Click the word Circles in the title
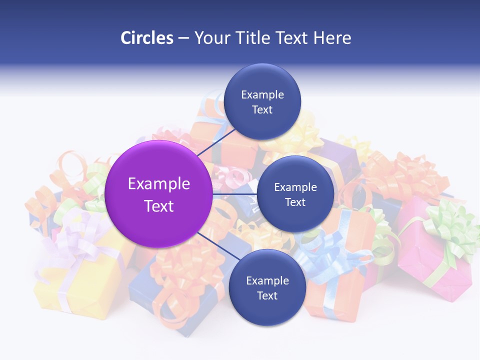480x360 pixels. [x=147, y=38]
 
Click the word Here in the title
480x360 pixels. [x=332, y=38]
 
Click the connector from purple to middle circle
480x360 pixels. [x=235, y=194]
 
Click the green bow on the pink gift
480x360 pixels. [x=450, y=225]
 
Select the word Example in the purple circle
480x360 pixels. [x=159, y=184]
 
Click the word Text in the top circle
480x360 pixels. [x=262, y=110]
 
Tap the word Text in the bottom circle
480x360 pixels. [x=267, y=296]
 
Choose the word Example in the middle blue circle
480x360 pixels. [x=295, y=187]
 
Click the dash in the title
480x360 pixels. [x=183, y=38]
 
